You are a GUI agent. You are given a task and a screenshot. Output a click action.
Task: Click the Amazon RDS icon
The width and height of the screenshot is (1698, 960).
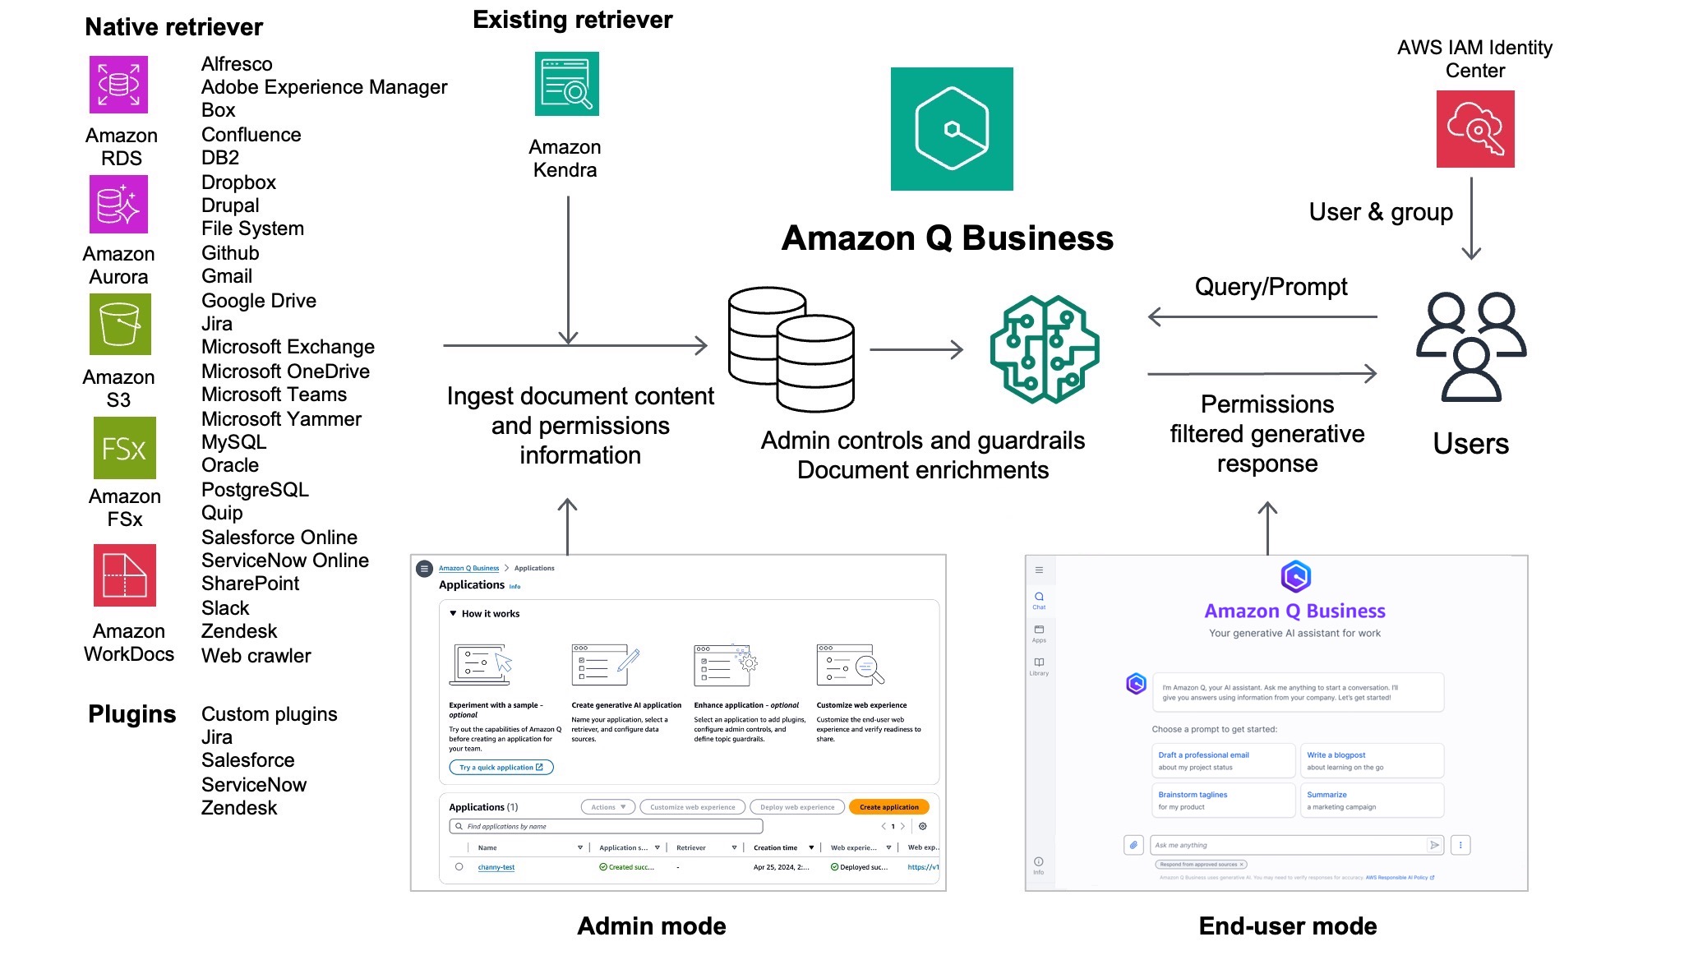[x=118, y=85]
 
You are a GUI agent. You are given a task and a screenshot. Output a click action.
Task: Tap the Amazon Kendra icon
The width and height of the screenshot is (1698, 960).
[x=566, y=84]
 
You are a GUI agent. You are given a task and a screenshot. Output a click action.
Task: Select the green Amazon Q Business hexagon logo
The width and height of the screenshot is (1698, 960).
[x=952, y=129]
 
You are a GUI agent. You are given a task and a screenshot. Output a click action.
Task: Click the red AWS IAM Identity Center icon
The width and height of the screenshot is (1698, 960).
[x=1474, y=129]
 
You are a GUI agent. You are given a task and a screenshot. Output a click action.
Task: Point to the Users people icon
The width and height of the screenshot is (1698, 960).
[x=1471, y=346]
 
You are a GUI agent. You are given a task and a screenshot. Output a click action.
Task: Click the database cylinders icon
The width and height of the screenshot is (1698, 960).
[x=791, y=348]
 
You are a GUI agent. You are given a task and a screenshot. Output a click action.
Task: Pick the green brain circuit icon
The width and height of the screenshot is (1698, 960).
[x=1045, y=349]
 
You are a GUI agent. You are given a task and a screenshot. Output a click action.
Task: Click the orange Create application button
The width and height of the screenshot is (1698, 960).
[x=888, y=807]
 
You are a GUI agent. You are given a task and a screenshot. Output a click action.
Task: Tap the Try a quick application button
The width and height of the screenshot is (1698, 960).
[x=501, y=768]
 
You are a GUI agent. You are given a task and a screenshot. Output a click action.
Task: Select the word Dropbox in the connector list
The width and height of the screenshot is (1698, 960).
[x=238, y=182]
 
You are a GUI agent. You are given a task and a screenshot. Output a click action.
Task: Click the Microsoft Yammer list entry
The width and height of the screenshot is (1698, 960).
[x=281, y=419]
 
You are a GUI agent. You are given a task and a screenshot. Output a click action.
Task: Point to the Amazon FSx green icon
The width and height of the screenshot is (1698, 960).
[x=124, y=448]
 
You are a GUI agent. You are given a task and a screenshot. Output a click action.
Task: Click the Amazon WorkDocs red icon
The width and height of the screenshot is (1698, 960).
[x=124, y=575]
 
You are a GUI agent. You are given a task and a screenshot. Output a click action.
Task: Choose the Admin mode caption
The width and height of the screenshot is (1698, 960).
[x=651, y=926]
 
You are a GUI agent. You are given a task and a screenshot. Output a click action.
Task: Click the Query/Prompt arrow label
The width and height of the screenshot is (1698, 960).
[x=1271, y=287]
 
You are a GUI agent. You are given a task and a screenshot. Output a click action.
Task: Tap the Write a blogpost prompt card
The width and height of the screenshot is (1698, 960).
[x=1370, y=760]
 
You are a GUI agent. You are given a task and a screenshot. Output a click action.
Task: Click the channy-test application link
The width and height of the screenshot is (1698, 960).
[x=496, y=867]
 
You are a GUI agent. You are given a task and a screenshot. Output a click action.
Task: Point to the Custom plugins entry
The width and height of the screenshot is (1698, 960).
[x=269, y=714]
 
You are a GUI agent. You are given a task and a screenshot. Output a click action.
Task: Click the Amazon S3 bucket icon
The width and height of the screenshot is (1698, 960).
[x=120, y=325]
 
